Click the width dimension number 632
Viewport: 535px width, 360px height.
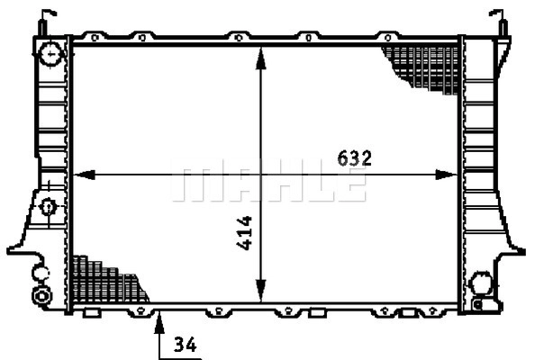coord(355,157)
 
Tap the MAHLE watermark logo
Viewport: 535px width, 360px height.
coord(268,184)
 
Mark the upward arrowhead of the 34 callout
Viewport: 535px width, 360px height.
coord(159,316)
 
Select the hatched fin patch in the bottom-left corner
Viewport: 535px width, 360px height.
coord(104,281)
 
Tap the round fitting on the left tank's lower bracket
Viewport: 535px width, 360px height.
coord(49,207)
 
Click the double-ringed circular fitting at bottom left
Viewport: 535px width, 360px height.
coord(40,296)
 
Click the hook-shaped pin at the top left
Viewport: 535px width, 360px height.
coord(45,18)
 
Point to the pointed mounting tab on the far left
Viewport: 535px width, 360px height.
coord(14,247)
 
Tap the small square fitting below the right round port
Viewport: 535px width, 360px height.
coord(484,303)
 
